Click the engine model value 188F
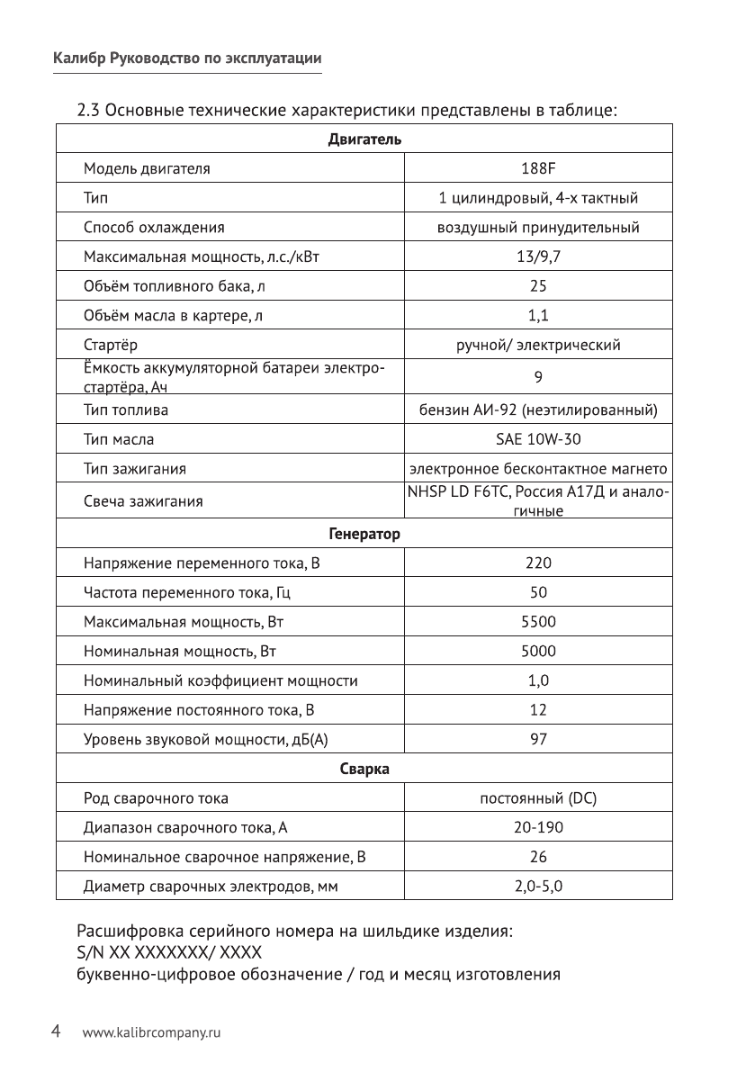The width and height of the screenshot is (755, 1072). (x=538, y=168)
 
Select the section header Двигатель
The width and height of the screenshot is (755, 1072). (x=364, y=140)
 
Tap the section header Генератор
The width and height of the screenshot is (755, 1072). (x=364, y=534)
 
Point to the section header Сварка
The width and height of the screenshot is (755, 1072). (x=364, y=769)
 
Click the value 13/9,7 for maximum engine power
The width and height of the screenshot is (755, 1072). (x=538, y=257)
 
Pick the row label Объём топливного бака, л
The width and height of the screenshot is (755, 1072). (x=175, y=287)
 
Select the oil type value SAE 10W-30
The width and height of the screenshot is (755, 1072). (x=538, y=440)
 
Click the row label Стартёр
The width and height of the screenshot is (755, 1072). (x=111, y=346)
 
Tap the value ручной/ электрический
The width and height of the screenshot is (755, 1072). (x=538, y=346)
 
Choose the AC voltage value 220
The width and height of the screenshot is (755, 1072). (x=538, y=563)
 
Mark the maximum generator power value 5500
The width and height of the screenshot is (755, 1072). (x=538, y=622)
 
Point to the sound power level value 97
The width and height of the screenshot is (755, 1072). (x=538, y=740)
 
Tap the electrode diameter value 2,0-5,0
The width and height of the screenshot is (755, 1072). (x=538, y=887)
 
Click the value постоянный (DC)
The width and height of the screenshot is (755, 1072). (x=538, y=798)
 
